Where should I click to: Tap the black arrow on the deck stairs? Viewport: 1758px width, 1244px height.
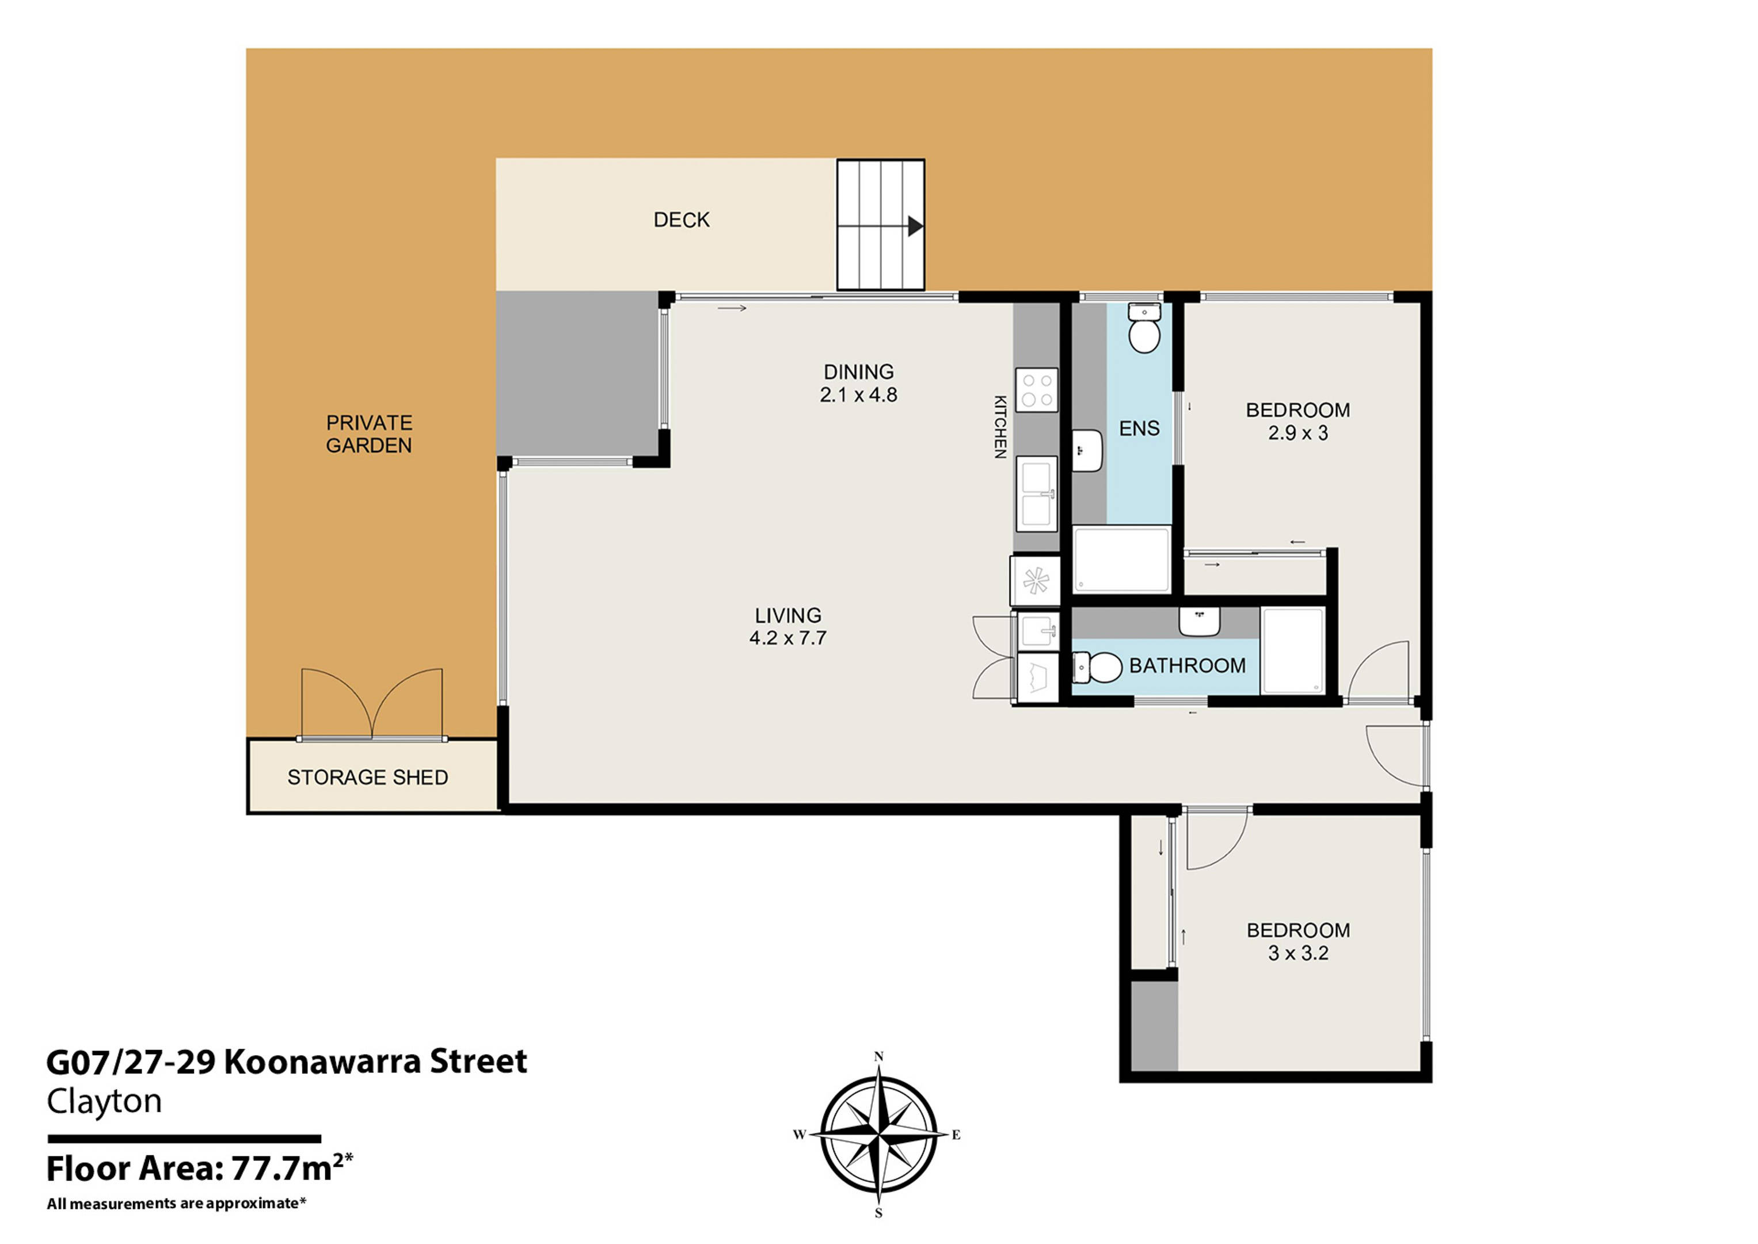coord(915,226)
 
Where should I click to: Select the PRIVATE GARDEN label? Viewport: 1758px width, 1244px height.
coord(368,434)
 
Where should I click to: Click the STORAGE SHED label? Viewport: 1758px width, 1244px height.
coord(367,777)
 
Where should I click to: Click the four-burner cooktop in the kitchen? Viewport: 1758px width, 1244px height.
coord(1037,390)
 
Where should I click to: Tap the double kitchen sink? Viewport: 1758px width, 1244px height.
coord(1036,494)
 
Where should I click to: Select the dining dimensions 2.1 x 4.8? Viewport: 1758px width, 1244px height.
coord(858,395)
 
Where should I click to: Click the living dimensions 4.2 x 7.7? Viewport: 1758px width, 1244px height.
coord(788,638)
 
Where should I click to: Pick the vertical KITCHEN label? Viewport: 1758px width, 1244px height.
coord(1000,427)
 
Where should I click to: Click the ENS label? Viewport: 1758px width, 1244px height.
coord(1139,429)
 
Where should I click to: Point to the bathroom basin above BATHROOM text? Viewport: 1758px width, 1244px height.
coord(1199,621)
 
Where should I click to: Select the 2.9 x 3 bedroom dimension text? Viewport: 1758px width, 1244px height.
coord(1298,434)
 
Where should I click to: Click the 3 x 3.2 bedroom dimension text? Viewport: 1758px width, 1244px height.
coord(1298,954)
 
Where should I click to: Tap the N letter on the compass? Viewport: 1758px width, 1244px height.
coord(878,1057)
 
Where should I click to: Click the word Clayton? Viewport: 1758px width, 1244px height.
coord(104,1102)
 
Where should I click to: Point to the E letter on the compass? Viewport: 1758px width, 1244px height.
coord(956,1135)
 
